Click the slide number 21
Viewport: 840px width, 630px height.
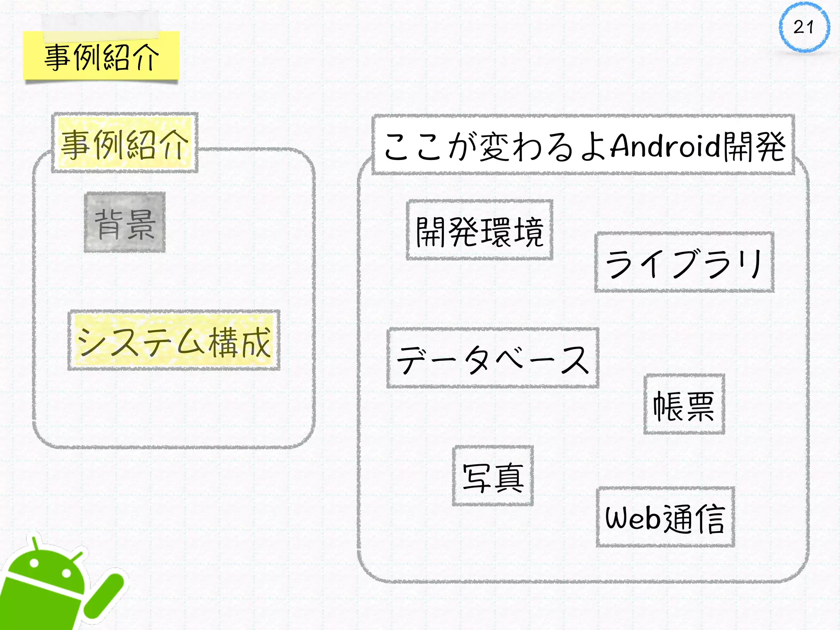coord(804,27)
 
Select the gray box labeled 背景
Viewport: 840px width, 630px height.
coord(125,222)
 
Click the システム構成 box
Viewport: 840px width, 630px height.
coord(174,340)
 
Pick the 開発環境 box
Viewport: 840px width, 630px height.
coord(479,231)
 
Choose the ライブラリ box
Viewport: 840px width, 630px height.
coord(684,262)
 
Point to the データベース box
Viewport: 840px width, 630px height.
coord(493,358)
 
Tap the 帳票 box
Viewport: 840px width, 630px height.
coord(684,404)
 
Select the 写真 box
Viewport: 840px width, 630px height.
coord(493,476)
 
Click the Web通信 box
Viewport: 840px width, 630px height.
coord(665,518)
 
